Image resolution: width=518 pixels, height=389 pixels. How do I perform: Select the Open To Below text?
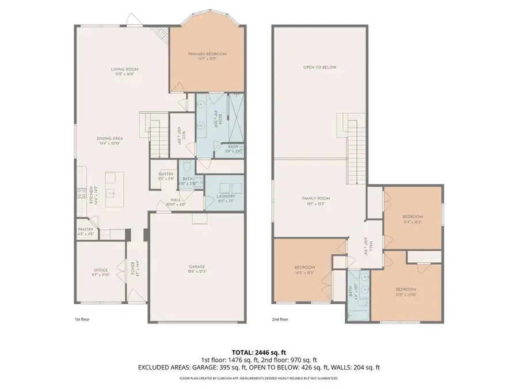click(319, 67)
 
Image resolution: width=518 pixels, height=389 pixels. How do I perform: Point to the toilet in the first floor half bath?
click(187, 167)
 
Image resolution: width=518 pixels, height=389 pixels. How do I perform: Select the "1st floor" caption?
click(82, 319)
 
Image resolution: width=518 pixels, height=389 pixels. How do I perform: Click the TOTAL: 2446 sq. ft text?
click(258, 351)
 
